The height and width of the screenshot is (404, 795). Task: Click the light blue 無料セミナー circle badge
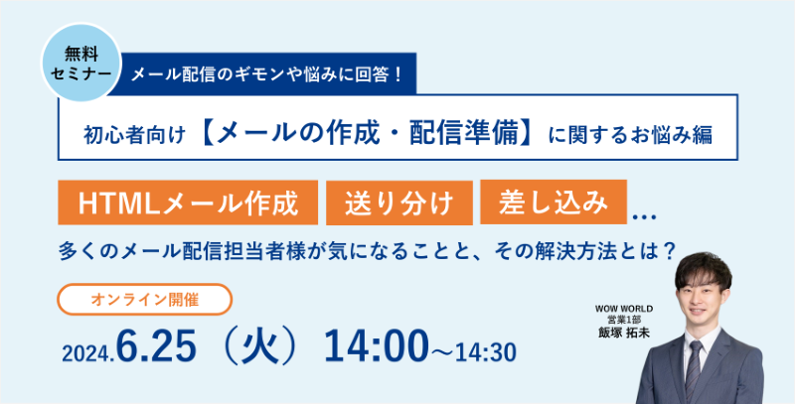pyautogui.click(x=81, y=62)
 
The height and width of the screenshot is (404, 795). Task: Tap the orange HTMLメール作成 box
pyautogui.click(x=188, y=202)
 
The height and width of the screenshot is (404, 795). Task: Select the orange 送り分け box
pyautogui.click(x=399, y=202)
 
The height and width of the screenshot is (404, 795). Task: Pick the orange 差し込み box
pyautogui.click(x=554, y=202)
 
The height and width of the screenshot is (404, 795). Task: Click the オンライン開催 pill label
pyautogui.click(x=144, y=299)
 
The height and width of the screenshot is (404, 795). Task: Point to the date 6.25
pyautogui.click(x=156, y=347)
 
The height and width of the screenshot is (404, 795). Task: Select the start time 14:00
pyautogui.click(x=377, y=347)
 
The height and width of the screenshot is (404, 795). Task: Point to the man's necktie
pyautogui.click(x=693, y=369)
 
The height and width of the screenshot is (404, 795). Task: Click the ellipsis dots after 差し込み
pyautogui.click(x=645, y=217)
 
